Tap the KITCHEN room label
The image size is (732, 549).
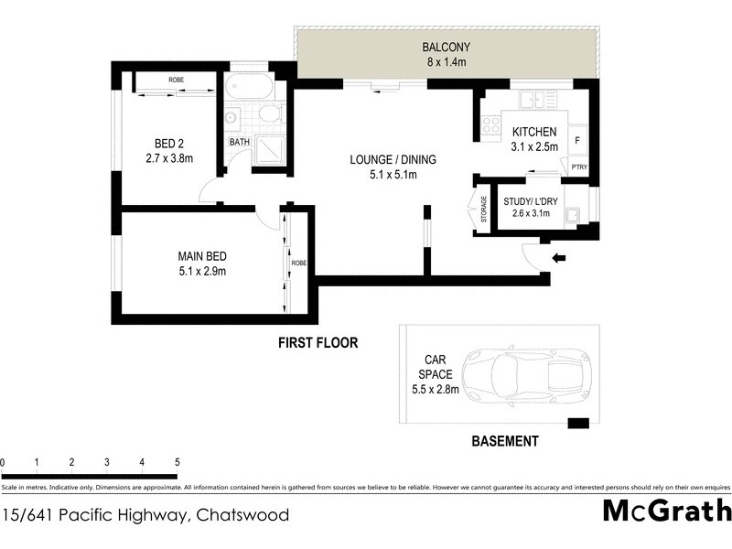pos(534,132)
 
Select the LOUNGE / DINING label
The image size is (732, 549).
pos(393,159)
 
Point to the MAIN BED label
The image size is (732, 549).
pos(202,256)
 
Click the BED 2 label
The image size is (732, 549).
pos(165,142)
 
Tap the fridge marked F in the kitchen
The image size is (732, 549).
pos(577,141)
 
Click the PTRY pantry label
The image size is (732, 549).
pos(576,167)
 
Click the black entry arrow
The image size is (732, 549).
pos(560,259)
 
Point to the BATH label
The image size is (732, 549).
pos(239,143)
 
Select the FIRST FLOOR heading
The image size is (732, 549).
pos(318,343)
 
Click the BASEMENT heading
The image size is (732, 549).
pos(505,441)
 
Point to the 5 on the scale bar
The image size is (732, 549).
pos(176,462)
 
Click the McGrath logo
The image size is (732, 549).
pos(666,511)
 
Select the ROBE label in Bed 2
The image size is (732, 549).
pos(176,81)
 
